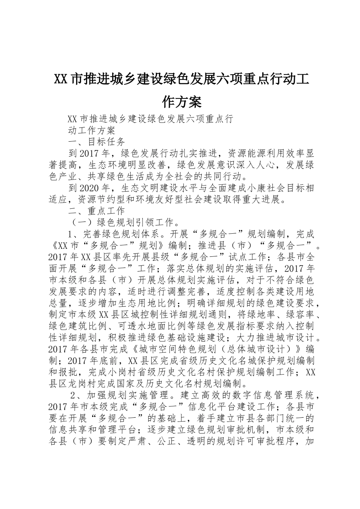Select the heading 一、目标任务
click(96, 142)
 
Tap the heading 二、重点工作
click(96, 210)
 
